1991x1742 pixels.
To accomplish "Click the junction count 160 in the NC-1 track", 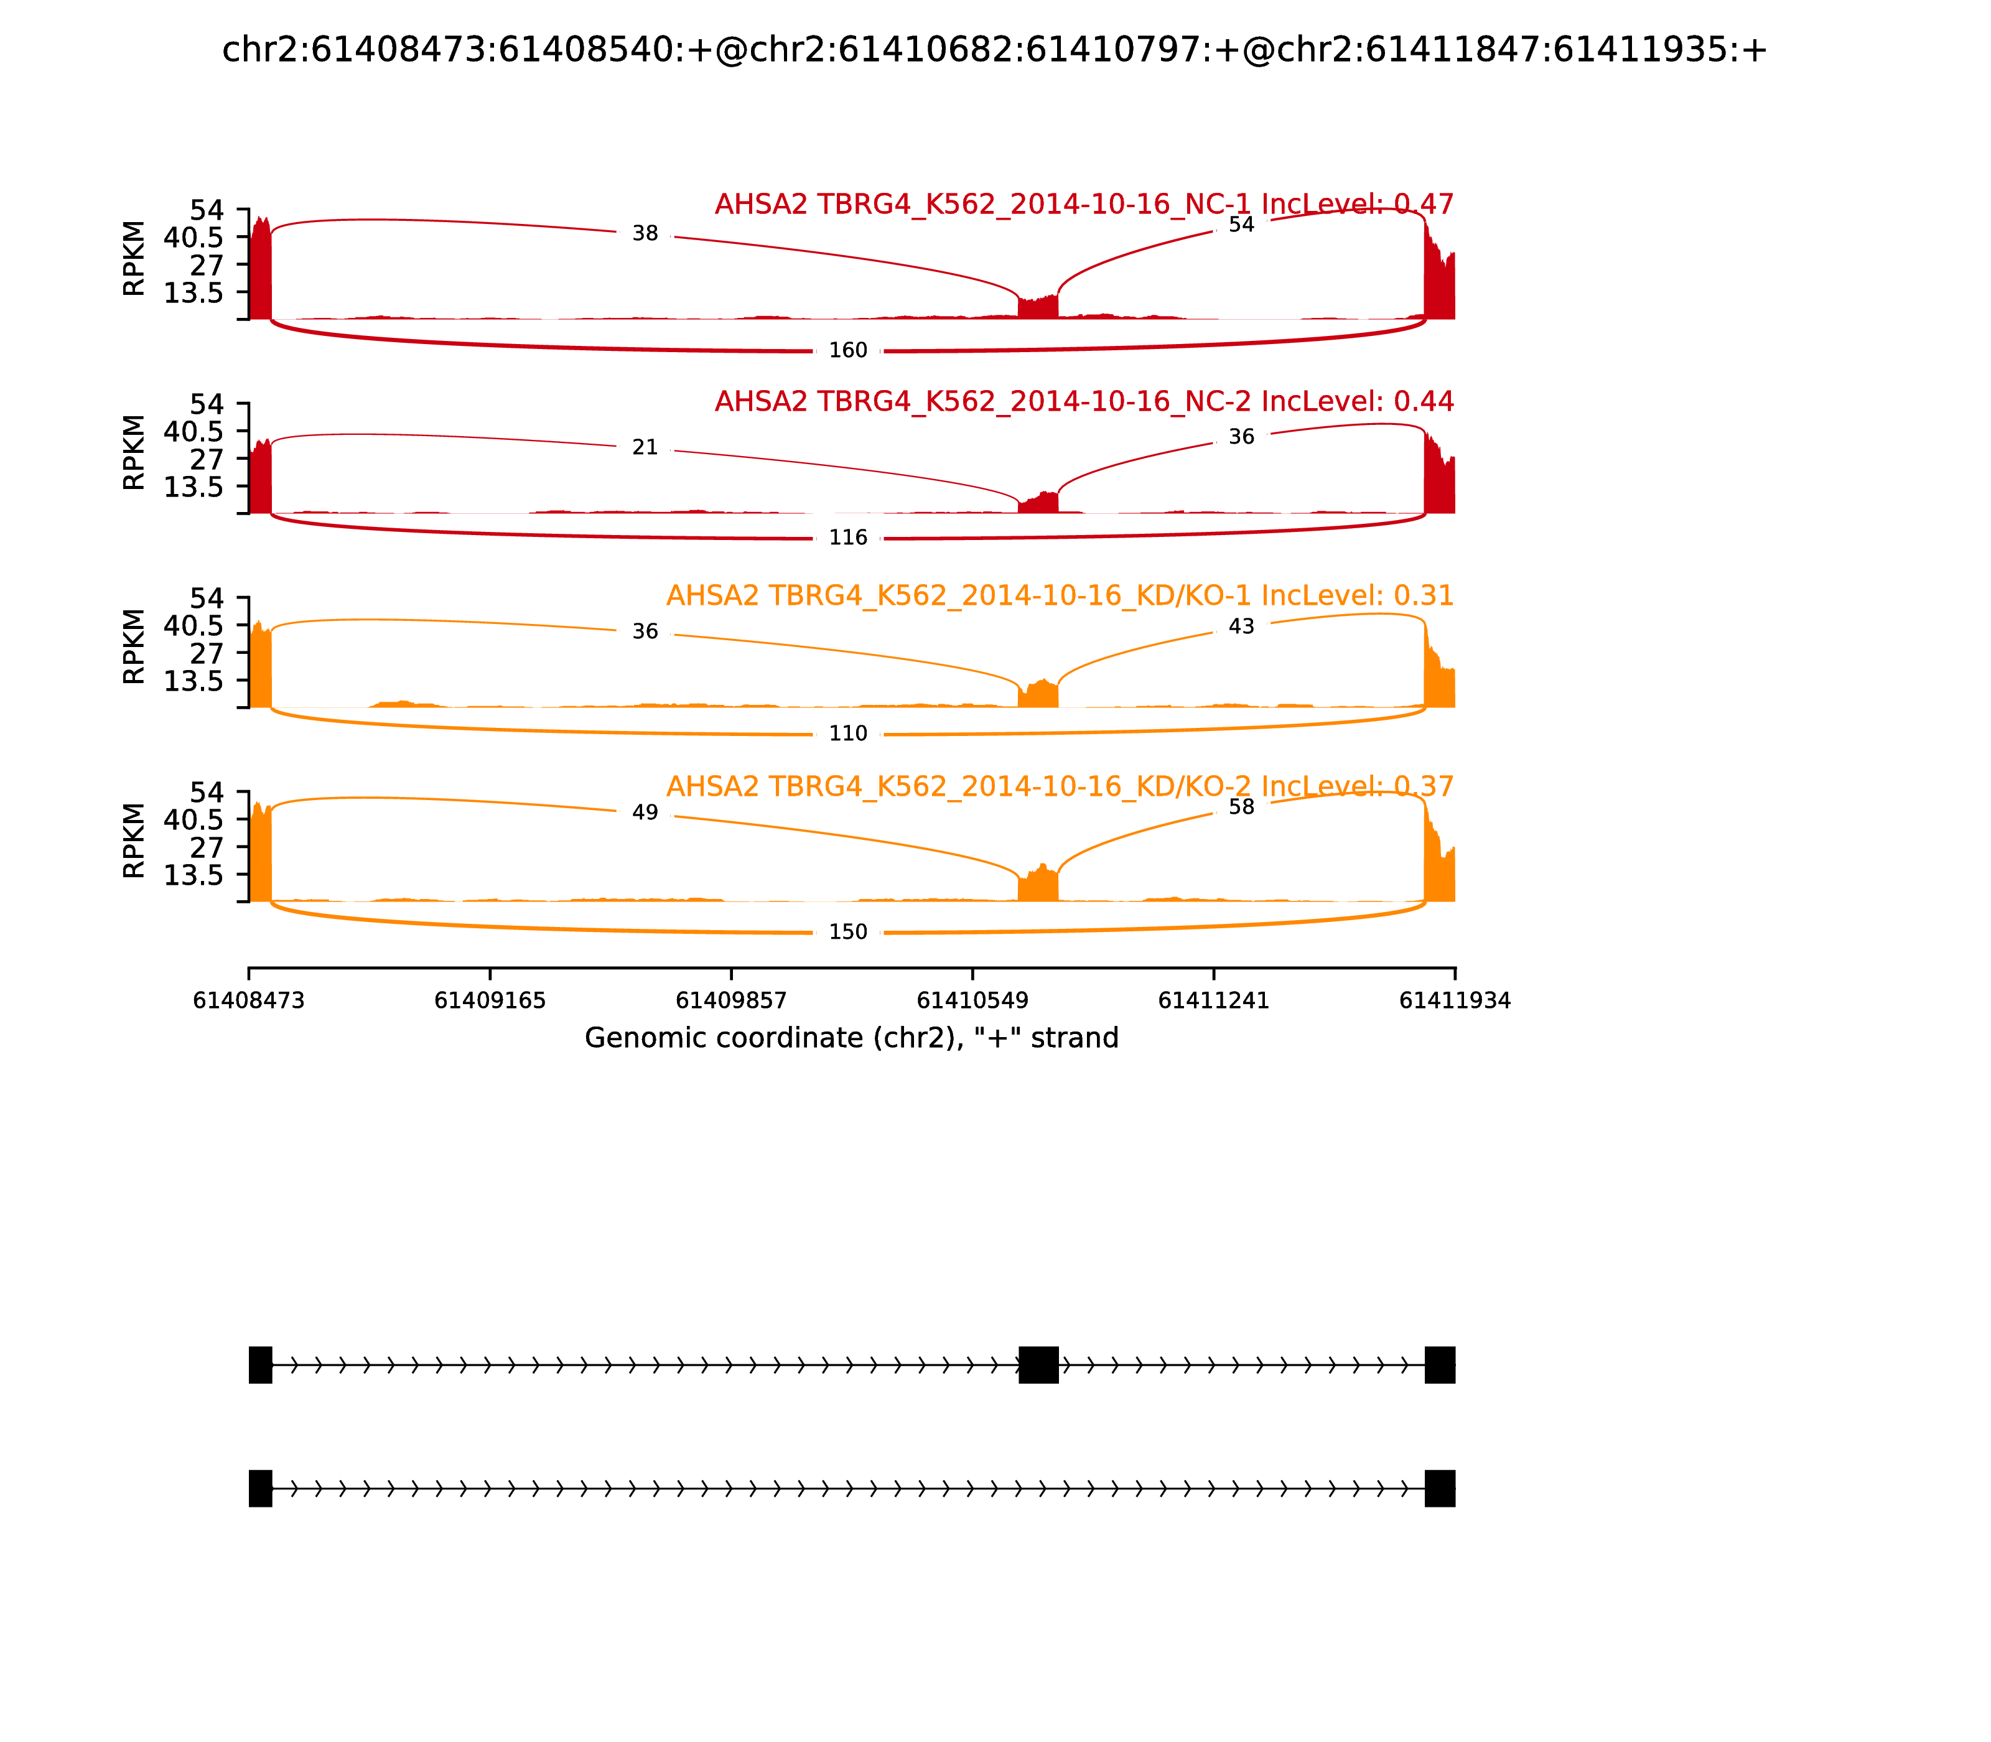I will point(847,350).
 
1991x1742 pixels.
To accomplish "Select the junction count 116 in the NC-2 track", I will point(847,538).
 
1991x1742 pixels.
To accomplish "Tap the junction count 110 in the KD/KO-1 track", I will point(847,734).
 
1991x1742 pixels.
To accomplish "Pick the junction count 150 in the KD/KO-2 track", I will point(847,932).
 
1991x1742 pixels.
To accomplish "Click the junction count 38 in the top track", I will point(645,233).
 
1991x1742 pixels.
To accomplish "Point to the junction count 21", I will point(645,447).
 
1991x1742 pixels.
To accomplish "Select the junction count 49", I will point(645,813).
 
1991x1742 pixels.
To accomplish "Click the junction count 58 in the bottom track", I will point(1241,807).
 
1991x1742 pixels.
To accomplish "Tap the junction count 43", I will point(1241,626).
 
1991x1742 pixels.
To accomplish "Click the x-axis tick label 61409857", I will point(731,1000).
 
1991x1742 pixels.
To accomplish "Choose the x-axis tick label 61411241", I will point(1213,1000).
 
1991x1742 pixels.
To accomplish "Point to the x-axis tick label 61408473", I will point(249,1000).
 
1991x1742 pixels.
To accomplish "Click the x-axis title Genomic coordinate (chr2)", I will point(852,1038).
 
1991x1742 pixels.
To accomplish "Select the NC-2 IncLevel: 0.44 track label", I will point(1084,401).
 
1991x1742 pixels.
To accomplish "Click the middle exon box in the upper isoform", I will point(1038,1365).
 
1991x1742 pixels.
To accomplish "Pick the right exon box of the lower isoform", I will point(1440,1488).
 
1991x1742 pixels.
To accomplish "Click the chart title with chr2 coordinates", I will point(994,50).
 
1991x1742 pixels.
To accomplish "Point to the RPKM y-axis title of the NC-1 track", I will point(134,259).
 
